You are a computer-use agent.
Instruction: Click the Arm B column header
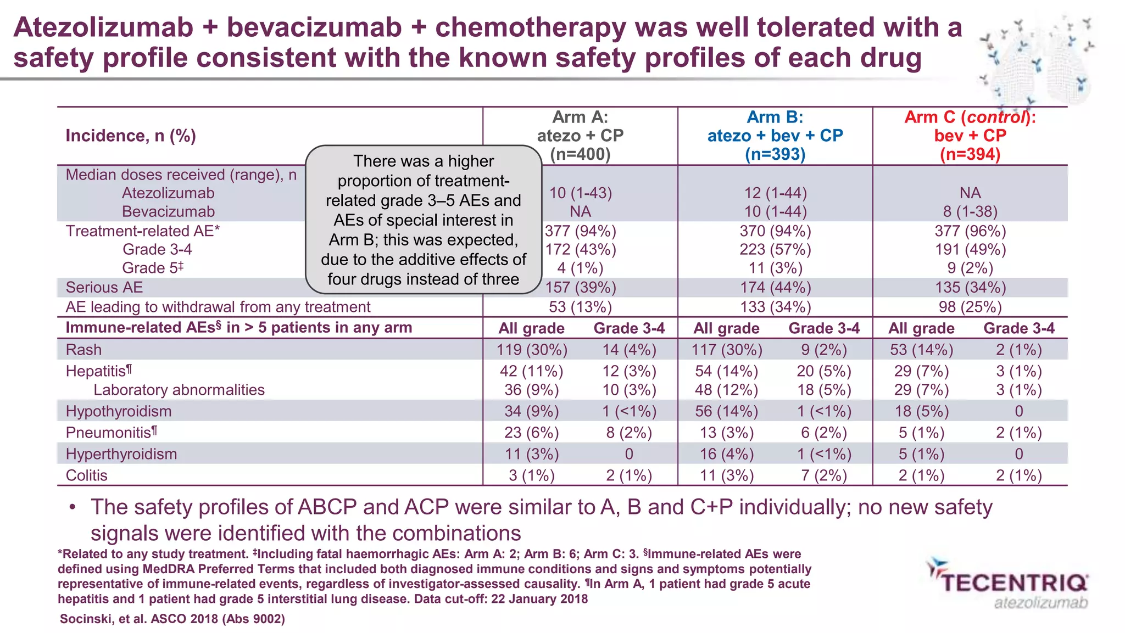tap(775, 136)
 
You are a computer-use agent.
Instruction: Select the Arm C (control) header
tap(970, 136)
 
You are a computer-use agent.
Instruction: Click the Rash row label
tap(83, 350)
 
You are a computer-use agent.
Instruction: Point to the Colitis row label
tap(86, 475)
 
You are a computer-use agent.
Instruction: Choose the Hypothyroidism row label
tap(119, 411)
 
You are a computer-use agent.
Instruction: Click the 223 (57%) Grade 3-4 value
tap(775, 250)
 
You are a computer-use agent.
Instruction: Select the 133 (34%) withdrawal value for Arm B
tap(775, 307)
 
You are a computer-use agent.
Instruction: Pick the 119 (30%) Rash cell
tap(532, 350)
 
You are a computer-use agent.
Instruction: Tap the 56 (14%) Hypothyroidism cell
tap(726, 411)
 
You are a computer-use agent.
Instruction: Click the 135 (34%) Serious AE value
tap(970, 288)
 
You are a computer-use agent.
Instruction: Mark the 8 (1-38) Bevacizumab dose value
tap(970, 212)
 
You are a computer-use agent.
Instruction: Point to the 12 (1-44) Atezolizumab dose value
tap(775, 193)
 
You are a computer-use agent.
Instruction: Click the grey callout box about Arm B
tap(424, 220)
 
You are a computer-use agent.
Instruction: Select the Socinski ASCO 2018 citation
tap(172, 619)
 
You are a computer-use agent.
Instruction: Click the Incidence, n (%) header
tap(131, 136)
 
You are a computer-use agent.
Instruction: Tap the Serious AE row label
tap(104, 288)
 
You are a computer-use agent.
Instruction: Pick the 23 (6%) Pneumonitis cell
tap(532, 433)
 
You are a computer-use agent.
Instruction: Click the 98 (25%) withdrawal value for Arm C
tap(970, 307)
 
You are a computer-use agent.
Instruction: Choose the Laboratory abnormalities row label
tap(179, 390)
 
